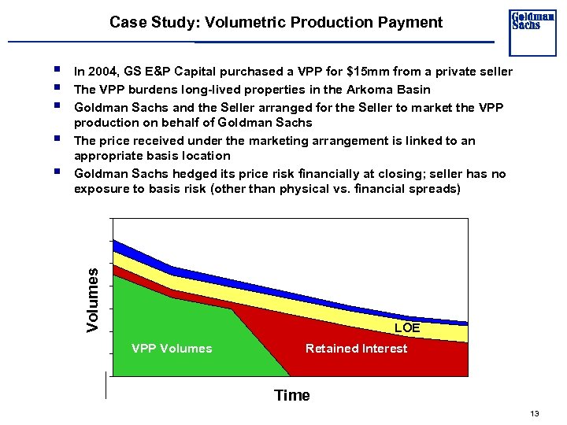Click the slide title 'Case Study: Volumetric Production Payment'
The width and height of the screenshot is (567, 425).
click(x=276, y=22)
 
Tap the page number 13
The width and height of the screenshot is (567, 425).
click(x=535, y=414)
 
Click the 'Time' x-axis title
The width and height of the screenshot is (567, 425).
click(x=291, y=395)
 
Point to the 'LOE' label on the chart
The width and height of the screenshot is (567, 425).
click(x=407, y=327)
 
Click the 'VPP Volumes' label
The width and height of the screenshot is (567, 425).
click(x=172, y=348)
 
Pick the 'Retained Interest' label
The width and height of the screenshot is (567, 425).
click(x=356, y=348)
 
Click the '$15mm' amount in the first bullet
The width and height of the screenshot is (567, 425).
click(x=366, y=72)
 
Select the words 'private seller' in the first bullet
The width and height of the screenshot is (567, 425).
click(x=475, y=72)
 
